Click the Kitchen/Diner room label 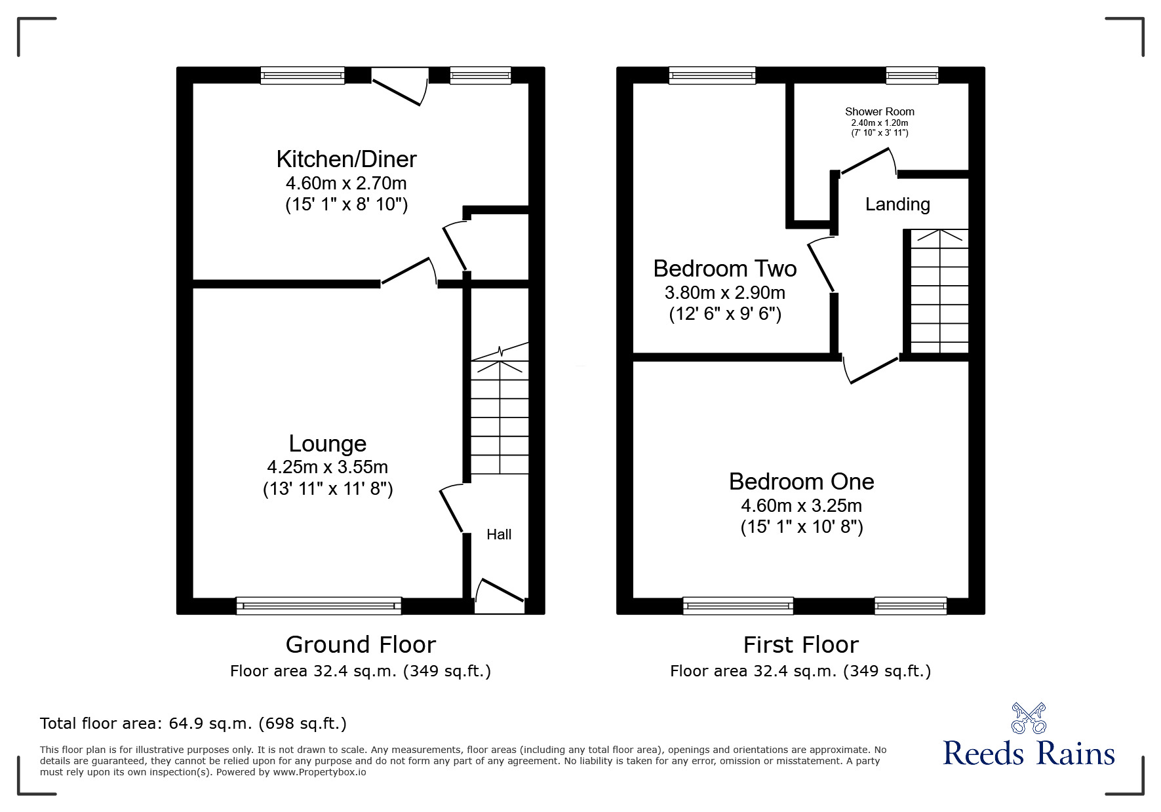(346, 159)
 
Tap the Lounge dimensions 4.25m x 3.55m (327, 467)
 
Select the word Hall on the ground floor (499, 535)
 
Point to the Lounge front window (319, 606)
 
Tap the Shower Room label (880, 111)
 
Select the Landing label (897, 204)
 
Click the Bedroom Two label (725, 269)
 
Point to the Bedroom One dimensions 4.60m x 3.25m (801, 506)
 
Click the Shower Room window (912, 75)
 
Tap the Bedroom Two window (713, 75)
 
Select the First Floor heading (800, 645)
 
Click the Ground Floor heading (361, 645)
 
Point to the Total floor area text (193, 724)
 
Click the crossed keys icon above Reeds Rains (1029, 718)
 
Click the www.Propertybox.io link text (320, 772)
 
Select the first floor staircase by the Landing (939, 292)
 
